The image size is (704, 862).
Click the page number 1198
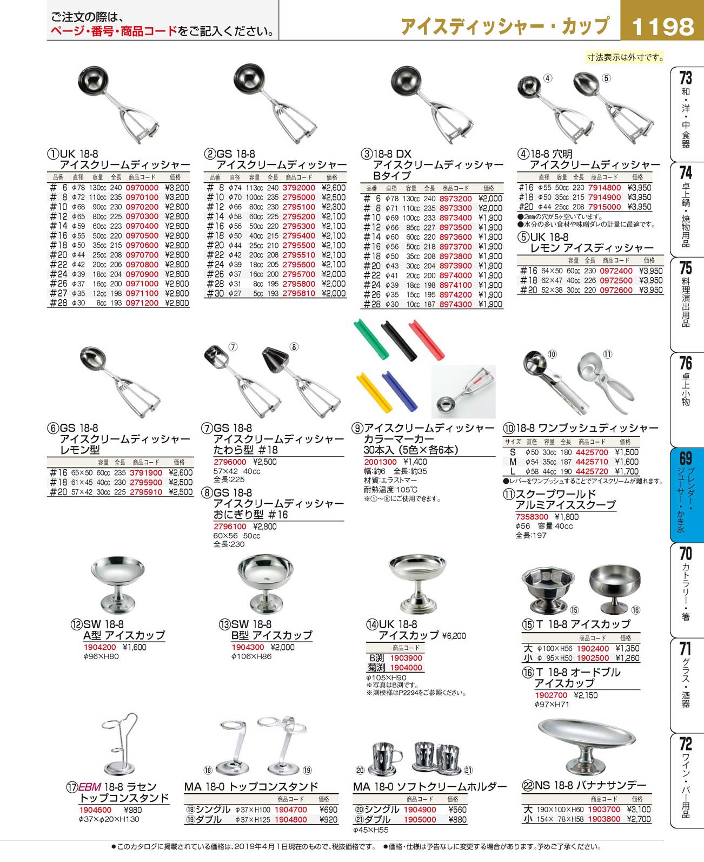coord(662,27)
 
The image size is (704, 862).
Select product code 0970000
coord(142,188)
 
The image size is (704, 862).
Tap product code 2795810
coord(299,293)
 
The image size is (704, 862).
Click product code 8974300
coord(455,305)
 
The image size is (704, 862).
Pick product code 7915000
coord(605,207)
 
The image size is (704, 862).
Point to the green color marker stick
coord(371,339)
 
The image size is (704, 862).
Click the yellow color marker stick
coord(374,392)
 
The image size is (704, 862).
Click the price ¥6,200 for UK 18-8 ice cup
coord(454,636)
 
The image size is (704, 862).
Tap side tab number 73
coord(686,77)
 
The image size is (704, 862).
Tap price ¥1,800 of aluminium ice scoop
coord(566,517)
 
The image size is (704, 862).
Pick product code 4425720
coord(592,471)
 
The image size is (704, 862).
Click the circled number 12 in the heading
coord(76,624)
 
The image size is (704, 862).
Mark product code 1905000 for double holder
coord(420,819)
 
